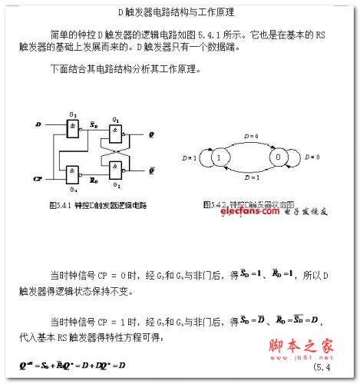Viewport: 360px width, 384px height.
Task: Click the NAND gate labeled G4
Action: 74,171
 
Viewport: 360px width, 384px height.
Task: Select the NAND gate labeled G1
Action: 115,135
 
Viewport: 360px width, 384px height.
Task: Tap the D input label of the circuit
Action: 38,124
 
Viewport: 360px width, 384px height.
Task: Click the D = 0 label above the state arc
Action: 247,134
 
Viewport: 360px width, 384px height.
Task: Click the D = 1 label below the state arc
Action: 248,177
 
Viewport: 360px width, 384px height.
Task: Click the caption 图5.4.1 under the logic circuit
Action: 97,206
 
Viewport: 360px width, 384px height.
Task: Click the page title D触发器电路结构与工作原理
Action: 176,13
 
